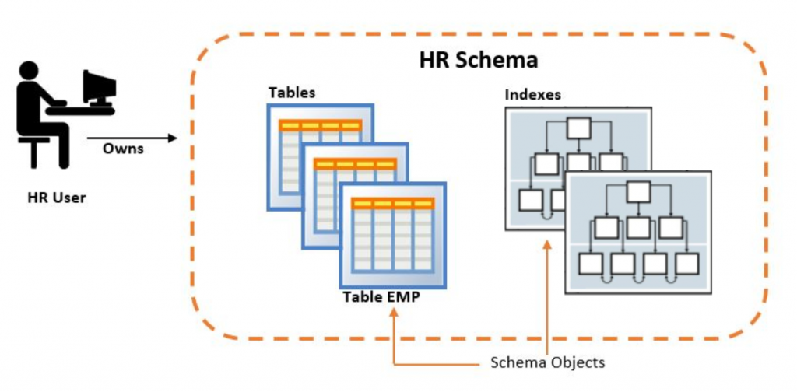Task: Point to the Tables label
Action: pos(292,93)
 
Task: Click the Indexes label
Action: pos(533,95)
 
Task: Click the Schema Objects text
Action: pos(547,362)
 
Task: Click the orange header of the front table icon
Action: pos(391,204)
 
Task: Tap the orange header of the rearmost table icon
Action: pos(320,125)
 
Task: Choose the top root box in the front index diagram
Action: pos(639,191)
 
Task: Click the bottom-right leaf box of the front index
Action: pos(687,263)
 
